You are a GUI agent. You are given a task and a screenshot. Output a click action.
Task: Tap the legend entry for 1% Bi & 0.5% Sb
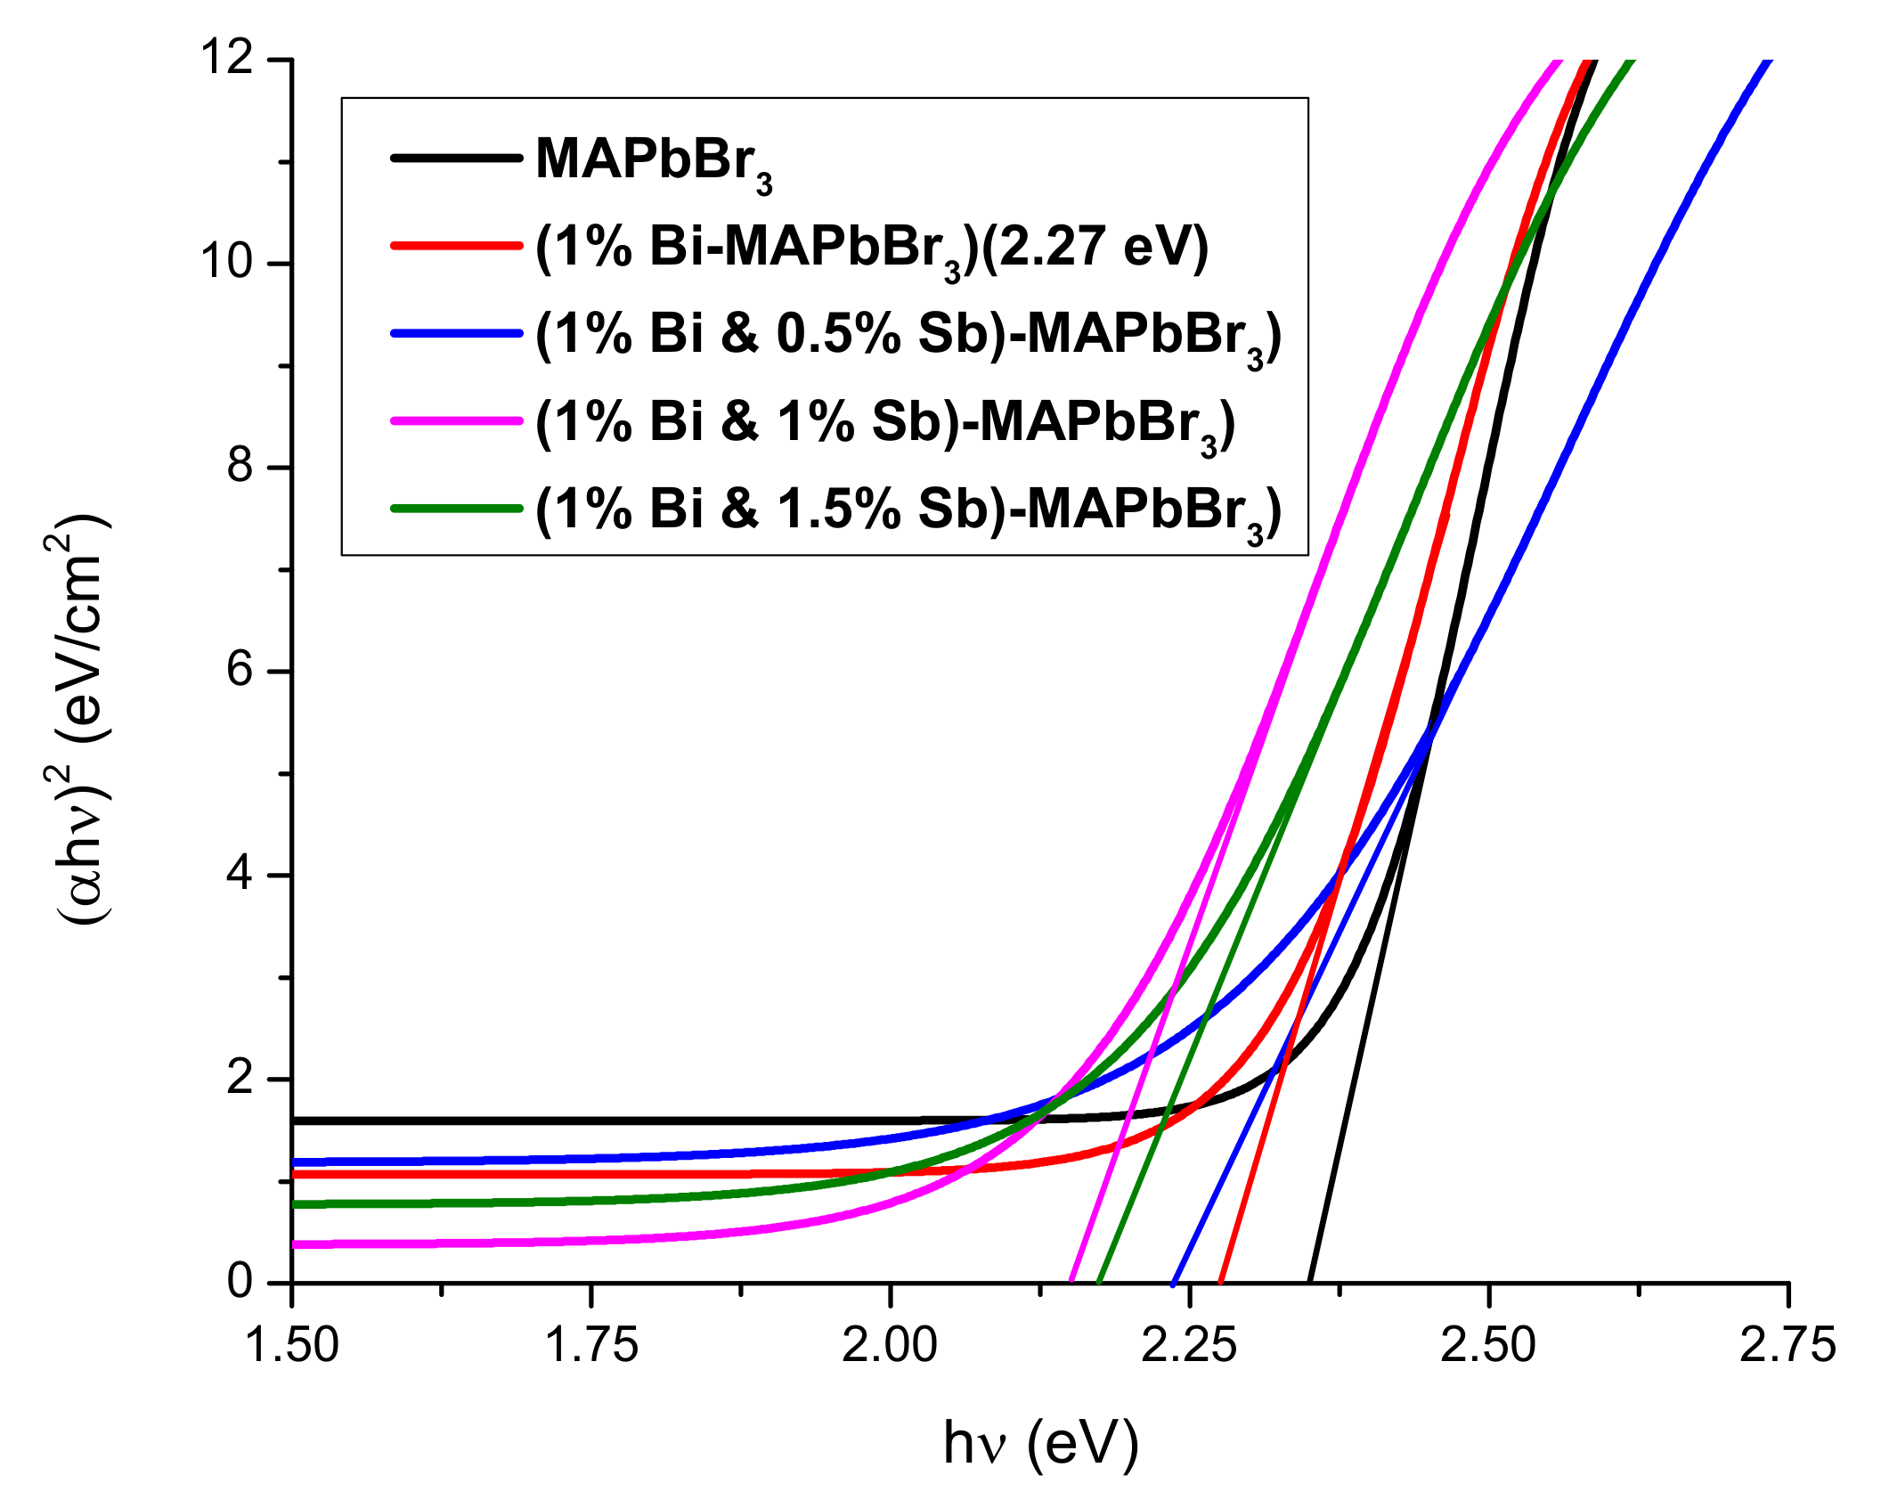908,335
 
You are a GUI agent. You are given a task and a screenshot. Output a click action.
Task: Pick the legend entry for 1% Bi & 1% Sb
884,422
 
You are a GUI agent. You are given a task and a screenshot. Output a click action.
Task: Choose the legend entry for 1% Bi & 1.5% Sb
908,510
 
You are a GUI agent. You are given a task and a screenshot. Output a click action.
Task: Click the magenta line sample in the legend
456,420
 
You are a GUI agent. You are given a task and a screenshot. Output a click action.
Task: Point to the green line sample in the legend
456,508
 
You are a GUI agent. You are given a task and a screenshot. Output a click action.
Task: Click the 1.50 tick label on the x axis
292,1344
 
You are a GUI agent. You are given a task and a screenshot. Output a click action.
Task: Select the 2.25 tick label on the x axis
1189,1344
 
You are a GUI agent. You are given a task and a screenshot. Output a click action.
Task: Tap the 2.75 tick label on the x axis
1787,1344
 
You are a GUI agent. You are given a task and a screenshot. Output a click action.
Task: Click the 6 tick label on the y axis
240,670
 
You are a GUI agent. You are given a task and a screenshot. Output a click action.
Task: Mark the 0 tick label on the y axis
240,1281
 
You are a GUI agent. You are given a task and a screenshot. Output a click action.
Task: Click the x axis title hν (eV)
1040,1443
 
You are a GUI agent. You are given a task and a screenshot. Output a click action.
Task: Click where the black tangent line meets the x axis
1310,1282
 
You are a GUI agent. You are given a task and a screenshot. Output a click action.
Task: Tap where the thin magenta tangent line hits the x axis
1071,1282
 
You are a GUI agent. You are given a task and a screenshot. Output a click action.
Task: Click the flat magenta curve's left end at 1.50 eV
296,1244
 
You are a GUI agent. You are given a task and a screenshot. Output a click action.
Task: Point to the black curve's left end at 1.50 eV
296,1121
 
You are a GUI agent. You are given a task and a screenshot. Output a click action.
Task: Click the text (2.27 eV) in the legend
1095,247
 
